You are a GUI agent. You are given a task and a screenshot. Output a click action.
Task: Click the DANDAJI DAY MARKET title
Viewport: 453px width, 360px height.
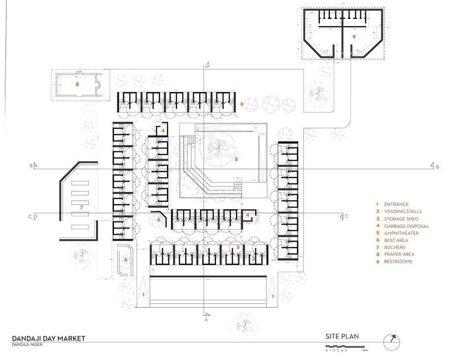click(x=49, y=338)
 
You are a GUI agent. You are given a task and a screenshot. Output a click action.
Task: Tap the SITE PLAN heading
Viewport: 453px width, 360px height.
click(x=342, y=336)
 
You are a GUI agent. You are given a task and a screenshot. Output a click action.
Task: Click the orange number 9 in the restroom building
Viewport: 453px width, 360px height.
click(x=354, y=37)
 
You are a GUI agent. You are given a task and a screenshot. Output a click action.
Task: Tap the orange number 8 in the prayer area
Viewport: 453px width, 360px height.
click(x=77, y=84)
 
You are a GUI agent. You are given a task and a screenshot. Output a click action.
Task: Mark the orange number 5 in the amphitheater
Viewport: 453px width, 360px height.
click(x=237, y=159)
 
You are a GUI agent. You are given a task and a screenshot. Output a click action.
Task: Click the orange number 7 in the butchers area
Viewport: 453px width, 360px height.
click(x=81, y=209)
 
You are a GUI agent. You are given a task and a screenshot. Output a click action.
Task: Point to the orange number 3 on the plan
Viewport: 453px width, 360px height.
click(x=253, y=258)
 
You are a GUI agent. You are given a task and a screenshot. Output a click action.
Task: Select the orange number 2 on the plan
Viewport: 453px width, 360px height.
click(x=238, y=247)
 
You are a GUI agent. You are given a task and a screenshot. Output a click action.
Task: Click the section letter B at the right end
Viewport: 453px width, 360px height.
click(x=437, y=167)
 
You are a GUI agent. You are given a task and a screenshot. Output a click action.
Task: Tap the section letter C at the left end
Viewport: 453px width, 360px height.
click(x=31, y=216)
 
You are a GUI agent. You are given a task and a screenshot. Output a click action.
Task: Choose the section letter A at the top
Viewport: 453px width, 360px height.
click(x=209, y=63)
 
